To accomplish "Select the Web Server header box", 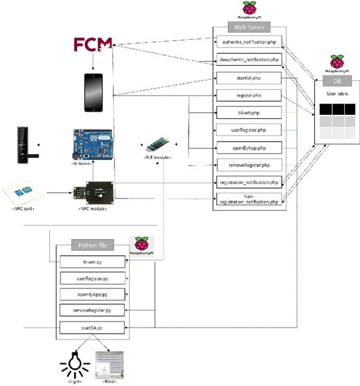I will pyautogui.click(x=248, y=27).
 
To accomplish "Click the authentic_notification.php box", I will pyautogui.click(x=248, y=42).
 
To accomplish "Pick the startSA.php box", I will pyautogui.click(x=248, y=77).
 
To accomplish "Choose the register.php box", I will pyautogui.click(x=248, y=95).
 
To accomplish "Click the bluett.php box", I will pyautogui.click(x=248, y=112).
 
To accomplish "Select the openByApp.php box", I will pyautogui.click(x=248, y=147).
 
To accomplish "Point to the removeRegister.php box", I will pyautogui.click(x=248, y=164).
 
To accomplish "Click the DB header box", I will pyautogui.click(x=337, y=80).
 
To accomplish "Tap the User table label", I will pyautogui.click(x=337, y=94).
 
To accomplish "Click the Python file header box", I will pyautogui.click(x=93, y=246).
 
